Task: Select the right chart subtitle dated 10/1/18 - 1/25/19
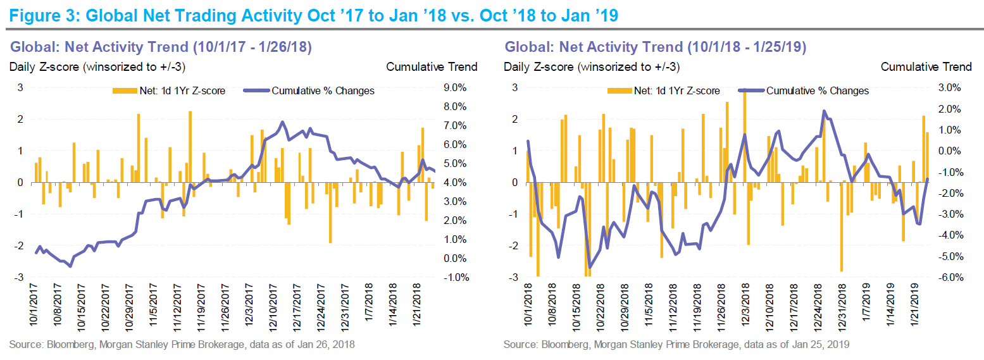(654, 46)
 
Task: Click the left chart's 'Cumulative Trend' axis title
(432, 66)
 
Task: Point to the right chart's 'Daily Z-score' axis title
(591, 66)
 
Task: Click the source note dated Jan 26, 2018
(182, 345)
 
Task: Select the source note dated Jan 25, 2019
(676, 345)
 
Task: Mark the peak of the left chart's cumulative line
(282, 122)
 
